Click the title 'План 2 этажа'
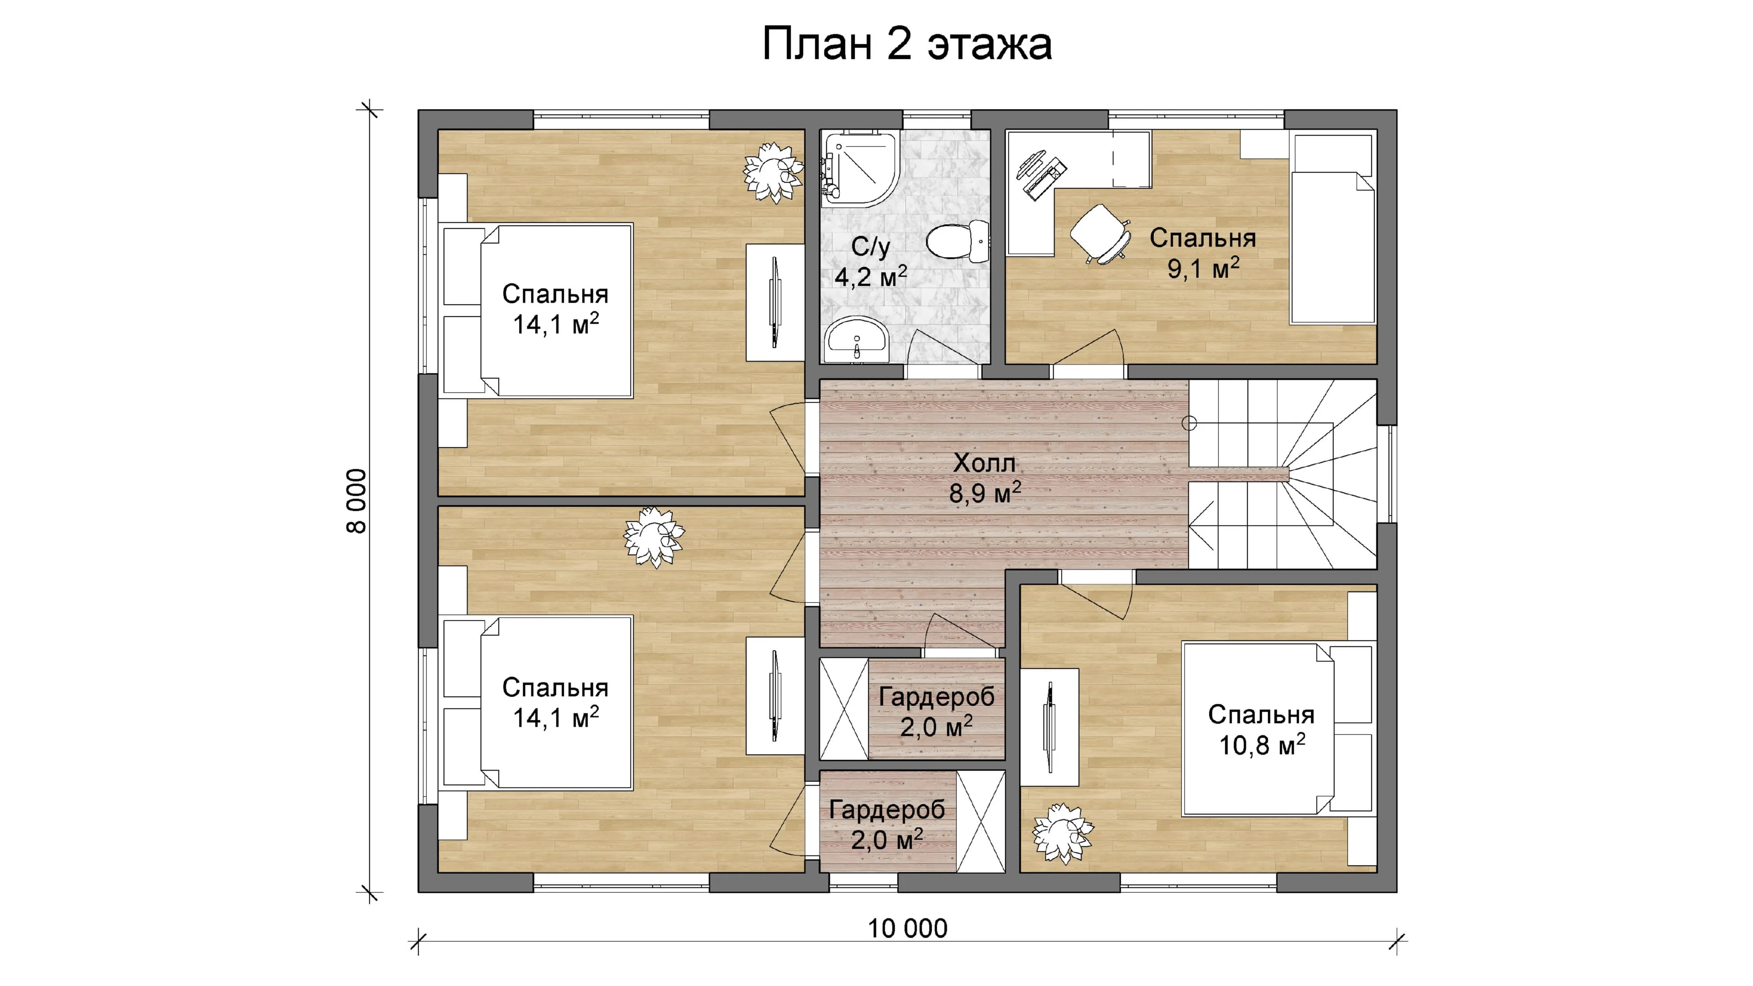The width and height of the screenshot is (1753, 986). coord(907,45)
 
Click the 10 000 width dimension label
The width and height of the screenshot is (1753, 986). coord(907,928)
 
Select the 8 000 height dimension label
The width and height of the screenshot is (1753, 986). coord(357,501)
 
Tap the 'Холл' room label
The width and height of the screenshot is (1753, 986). coord(984,463)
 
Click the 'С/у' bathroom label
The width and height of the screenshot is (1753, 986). coord(871,246)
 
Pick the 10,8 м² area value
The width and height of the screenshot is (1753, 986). coord(1262,745)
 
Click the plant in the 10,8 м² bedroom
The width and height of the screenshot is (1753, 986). coord(1062,834)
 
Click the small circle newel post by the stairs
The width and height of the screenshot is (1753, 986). coord(1189,423)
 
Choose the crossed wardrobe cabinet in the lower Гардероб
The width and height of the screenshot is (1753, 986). coord(981,821)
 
